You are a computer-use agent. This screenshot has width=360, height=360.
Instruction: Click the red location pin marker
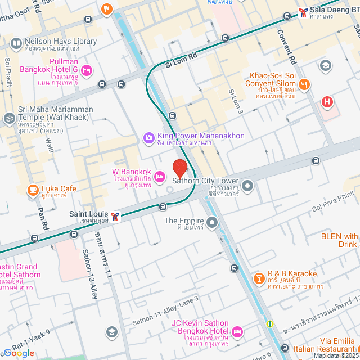point(179,168)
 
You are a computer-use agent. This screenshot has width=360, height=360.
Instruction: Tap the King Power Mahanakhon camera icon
point(148,137)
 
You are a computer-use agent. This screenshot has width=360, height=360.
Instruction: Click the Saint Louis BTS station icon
point(115,217)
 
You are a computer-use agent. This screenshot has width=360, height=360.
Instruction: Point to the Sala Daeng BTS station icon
point(303,11)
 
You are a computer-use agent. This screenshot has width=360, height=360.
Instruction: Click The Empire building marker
point(212,224)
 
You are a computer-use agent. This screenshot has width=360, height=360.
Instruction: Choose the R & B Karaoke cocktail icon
point(259,278)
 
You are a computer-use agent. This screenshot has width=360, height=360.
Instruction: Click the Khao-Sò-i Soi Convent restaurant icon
point(304,84)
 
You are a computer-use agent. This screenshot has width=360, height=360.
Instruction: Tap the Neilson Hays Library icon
point(16,43)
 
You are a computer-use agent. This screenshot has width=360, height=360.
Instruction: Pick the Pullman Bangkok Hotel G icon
point(87,70)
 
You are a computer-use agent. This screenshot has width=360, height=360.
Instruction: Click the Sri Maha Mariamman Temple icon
point(9,118)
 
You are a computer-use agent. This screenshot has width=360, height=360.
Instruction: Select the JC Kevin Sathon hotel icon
point(237,332)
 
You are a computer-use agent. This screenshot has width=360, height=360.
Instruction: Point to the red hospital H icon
point(327,102)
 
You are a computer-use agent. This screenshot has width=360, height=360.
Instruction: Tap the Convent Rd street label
point(286,45)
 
